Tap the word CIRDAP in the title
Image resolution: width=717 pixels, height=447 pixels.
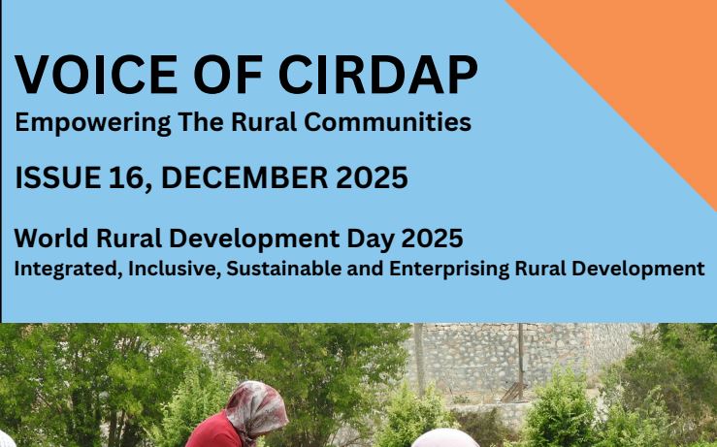377,75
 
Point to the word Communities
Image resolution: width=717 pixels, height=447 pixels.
387,122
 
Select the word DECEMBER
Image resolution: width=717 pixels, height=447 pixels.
244,177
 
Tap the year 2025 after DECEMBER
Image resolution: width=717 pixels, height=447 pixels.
372,177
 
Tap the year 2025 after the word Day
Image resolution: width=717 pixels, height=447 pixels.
432,239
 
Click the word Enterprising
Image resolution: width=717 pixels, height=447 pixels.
449,270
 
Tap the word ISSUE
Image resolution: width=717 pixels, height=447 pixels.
58,177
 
